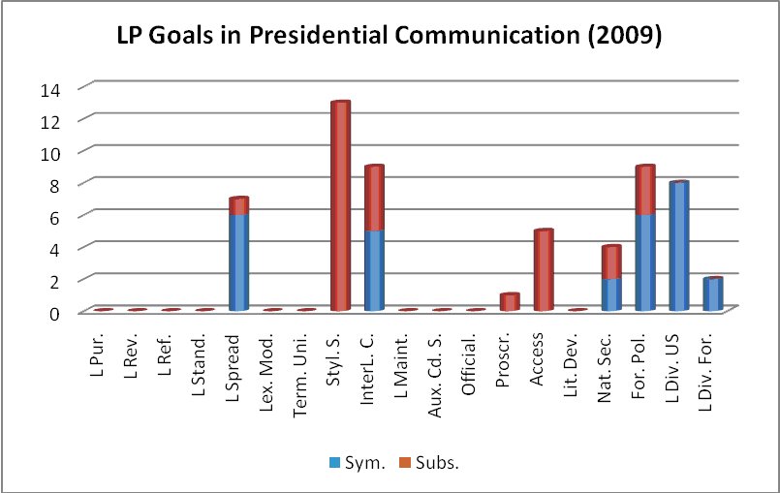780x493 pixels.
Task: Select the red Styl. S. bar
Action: [x=340, y=205]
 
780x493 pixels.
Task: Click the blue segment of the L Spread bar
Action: [x=238, y=262]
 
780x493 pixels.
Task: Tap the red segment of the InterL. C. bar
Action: [x=374, y=199]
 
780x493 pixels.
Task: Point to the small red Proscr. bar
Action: [x=510, y=301]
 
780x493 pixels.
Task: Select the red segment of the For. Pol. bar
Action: [x=645, y=190]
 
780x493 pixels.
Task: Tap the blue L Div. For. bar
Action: [x=713, y=293]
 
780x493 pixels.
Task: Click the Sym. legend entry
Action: [x=357, y=462]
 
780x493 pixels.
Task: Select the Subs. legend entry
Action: [x=431, y=462]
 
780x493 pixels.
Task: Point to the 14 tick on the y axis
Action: [x=50, y=88]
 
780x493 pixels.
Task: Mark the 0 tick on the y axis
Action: [x=55, y=312]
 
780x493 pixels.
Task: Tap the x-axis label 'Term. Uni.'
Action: [x=306, y=363]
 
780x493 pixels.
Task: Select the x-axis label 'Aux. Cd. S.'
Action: [x=442, y=366]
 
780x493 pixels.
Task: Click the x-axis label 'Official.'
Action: [x=476, y=358]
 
